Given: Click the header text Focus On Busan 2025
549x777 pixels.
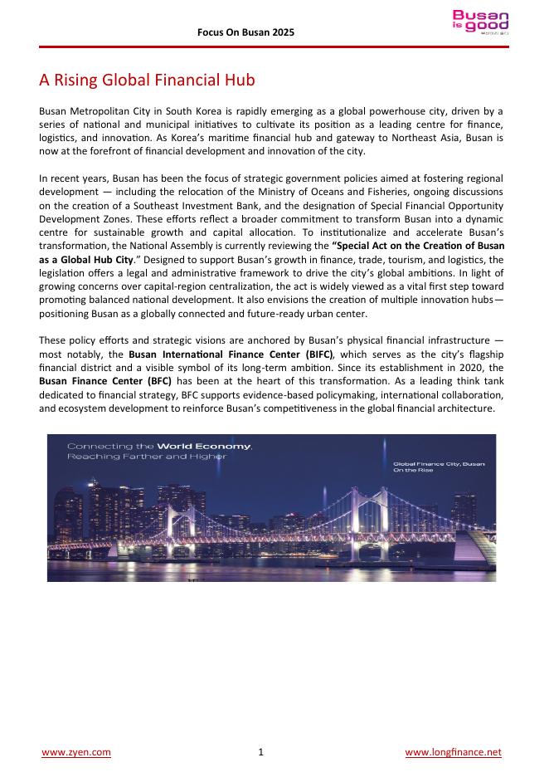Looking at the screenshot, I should pyautogui.click(x=245, y=32).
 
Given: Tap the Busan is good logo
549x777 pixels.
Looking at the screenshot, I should pyautogui.click(x=480, y=22).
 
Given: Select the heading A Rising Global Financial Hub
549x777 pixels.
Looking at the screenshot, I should pyautogui.click(x=147, y=81).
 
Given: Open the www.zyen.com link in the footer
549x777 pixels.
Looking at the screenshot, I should pyautogui.click(x=76, y=752).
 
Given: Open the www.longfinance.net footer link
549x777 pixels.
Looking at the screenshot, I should pyautogui.click(x=453, y=752).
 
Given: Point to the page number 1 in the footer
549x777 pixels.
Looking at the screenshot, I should pyautogui.click(x=260, y=752).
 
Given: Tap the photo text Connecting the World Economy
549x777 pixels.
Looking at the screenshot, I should pyautogui.click(x=159, y=447).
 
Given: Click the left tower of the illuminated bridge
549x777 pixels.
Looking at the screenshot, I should pyautogui.click(x=172, y=519).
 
